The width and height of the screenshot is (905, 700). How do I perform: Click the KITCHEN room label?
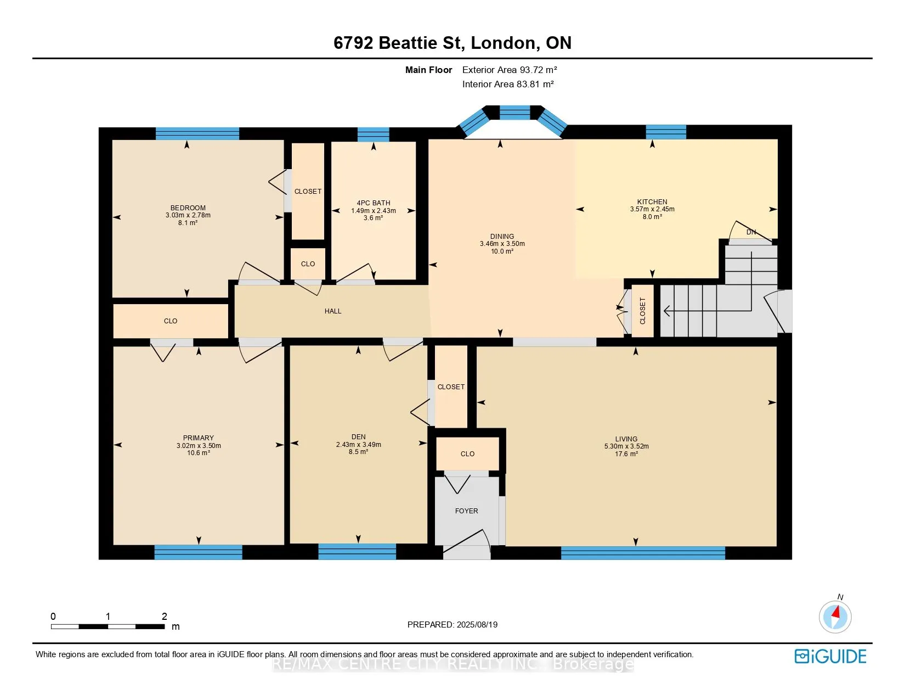(x=652, y=201)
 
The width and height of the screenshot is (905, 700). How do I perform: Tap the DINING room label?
(x=502, y=236)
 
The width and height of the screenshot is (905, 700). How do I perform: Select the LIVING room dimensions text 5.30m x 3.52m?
(x=626, y=446)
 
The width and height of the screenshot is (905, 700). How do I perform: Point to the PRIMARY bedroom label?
(x=198, y=438)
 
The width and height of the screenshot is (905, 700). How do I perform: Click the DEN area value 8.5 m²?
(x=358, y=451)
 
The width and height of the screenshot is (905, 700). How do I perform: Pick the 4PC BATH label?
(x=374, y=203)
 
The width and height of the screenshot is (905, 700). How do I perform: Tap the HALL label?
(x=333, y=311)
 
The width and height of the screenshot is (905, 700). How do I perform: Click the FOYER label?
(x=466, y=511)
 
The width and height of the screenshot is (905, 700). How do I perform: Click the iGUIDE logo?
(x=830, y=656)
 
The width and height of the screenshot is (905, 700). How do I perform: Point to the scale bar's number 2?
(x=165, y=616)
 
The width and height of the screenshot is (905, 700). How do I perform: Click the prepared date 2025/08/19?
(x=477, y=625)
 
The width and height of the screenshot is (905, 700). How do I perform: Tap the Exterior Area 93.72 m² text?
(x=510, y=70)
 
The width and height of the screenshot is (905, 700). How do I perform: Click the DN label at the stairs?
(x=751, y=232)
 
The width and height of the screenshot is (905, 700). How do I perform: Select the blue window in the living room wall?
(x=643, y=553)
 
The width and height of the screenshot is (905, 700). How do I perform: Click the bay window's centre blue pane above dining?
(x=515, y=113)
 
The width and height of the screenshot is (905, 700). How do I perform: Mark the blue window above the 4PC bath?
(x=373, y=135)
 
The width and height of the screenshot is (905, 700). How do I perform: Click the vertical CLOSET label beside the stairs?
(x=642, y=311)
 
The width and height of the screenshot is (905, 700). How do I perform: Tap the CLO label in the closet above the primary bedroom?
(x=171, y=321)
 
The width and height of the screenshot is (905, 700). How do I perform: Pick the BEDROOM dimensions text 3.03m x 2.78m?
(x=188, y=215)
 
